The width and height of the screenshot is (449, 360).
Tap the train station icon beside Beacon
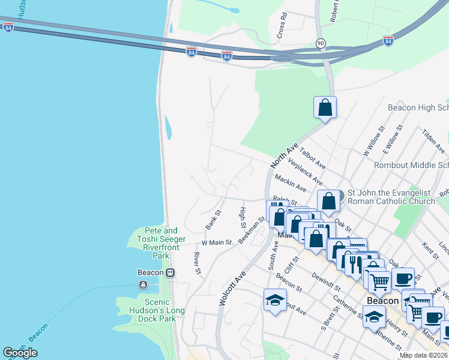click(x=170, y=272)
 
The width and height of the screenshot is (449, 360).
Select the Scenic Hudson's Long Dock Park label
click(x=152, y=310)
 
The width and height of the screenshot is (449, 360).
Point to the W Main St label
click(x=216, y=242)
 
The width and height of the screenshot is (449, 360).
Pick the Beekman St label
click(x=251, y=230)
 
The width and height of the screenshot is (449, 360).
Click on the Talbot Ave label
click(x=312, y=157)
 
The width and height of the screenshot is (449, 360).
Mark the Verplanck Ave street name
click(x=306, y=172)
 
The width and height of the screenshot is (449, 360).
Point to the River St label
click(x=197, y=263)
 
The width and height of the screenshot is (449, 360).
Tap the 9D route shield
click(x=321, y=43)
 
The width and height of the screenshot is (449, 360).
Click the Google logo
click(x=20, y=353)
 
